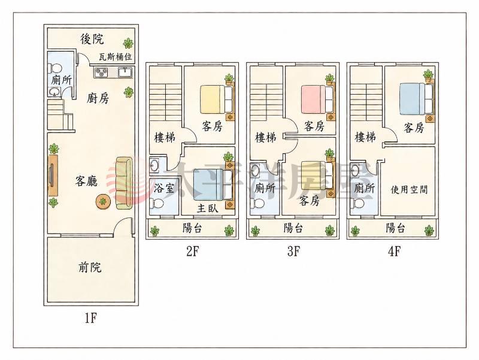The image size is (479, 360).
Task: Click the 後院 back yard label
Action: [92, 39]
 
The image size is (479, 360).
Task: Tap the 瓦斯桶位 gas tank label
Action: [116, 57]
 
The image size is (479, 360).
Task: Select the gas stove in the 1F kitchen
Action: [101, 72]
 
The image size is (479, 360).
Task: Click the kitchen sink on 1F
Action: [125, 72]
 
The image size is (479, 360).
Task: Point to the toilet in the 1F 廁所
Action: [54, 68]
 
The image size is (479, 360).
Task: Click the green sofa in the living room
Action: [125, 183]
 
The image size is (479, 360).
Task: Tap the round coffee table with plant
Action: [103, 201]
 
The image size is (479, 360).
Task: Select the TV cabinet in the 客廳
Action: [53, 175]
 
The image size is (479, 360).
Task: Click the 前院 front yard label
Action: [90, 267]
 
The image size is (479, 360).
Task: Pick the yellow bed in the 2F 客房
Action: [217, 99]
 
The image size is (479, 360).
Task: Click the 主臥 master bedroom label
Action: [207, 208]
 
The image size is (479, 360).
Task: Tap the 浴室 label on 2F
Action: [163, 188]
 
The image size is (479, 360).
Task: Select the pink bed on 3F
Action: [318, 99]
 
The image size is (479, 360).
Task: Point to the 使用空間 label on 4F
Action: [409, 190]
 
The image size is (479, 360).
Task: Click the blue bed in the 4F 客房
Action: [417, 99]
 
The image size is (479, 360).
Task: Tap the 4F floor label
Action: [394, 251]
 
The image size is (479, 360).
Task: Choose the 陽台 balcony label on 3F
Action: [293, 228]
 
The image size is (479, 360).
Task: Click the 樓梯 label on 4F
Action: [365, 137]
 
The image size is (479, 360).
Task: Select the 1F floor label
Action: [91, 319]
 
